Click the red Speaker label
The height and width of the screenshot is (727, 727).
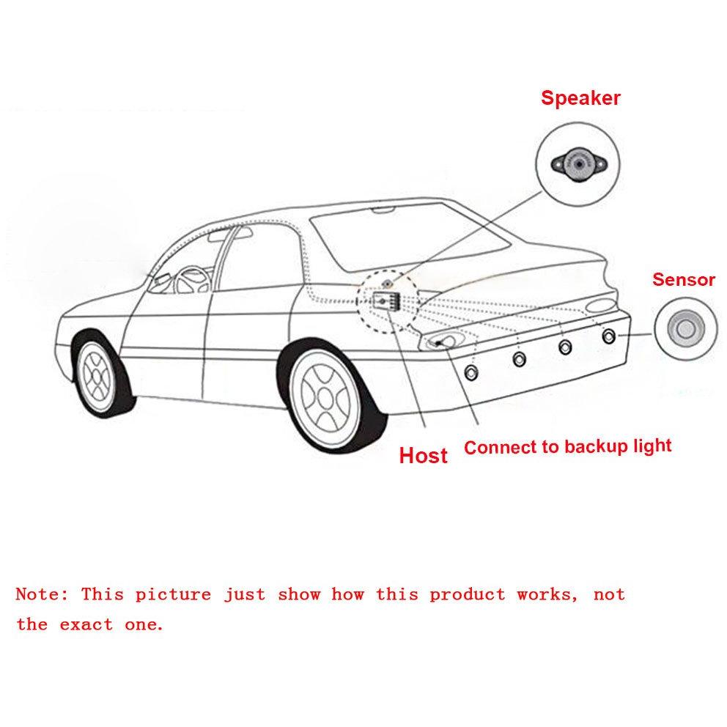(x=580, y=98)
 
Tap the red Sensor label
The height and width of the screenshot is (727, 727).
(x=684, y=279)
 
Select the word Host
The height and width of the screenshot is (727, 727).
(x=423, y=455)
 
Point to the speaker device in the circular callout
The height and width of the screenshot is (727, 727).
(x=579, y=164)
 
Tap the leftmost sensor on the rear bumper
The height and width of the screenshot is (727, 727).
(x=471, y=372)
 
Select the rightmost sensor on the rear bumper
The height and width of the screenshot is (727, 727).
(x=609, y=336)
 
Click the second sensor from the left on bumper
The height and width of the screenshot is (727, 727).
(x=520, y=358)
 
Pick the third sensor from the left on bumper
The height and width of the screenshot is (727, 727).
(x=565, y=347)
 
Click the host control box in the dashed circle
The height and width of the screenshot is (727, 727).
(x=386, y=301)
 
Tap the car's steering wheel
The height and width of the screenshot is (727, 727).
(x=191, y=280)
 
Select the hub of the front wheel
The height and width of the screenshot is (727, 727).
(x=97, y=375)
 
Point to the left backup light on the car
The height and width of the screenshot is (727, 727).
(x=443, y=342)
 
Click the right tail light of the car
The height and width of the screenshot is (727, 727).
(x=600, y=306)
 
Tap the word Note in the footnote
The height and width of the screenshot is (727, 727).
(x=42, y=594)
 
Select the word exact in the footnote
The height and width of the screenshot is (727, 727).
(x=86, y=624)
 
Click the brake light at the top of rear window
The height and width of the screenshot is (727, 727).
(x=385, y=210)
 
